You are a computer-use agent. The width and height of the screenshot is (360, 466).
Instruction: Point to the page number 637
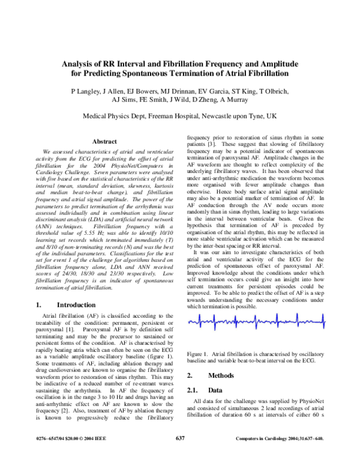[x=180, y=455]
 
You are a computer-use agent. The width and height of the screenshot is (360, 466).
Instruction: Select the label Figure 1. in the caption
[x=200, y=352]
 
